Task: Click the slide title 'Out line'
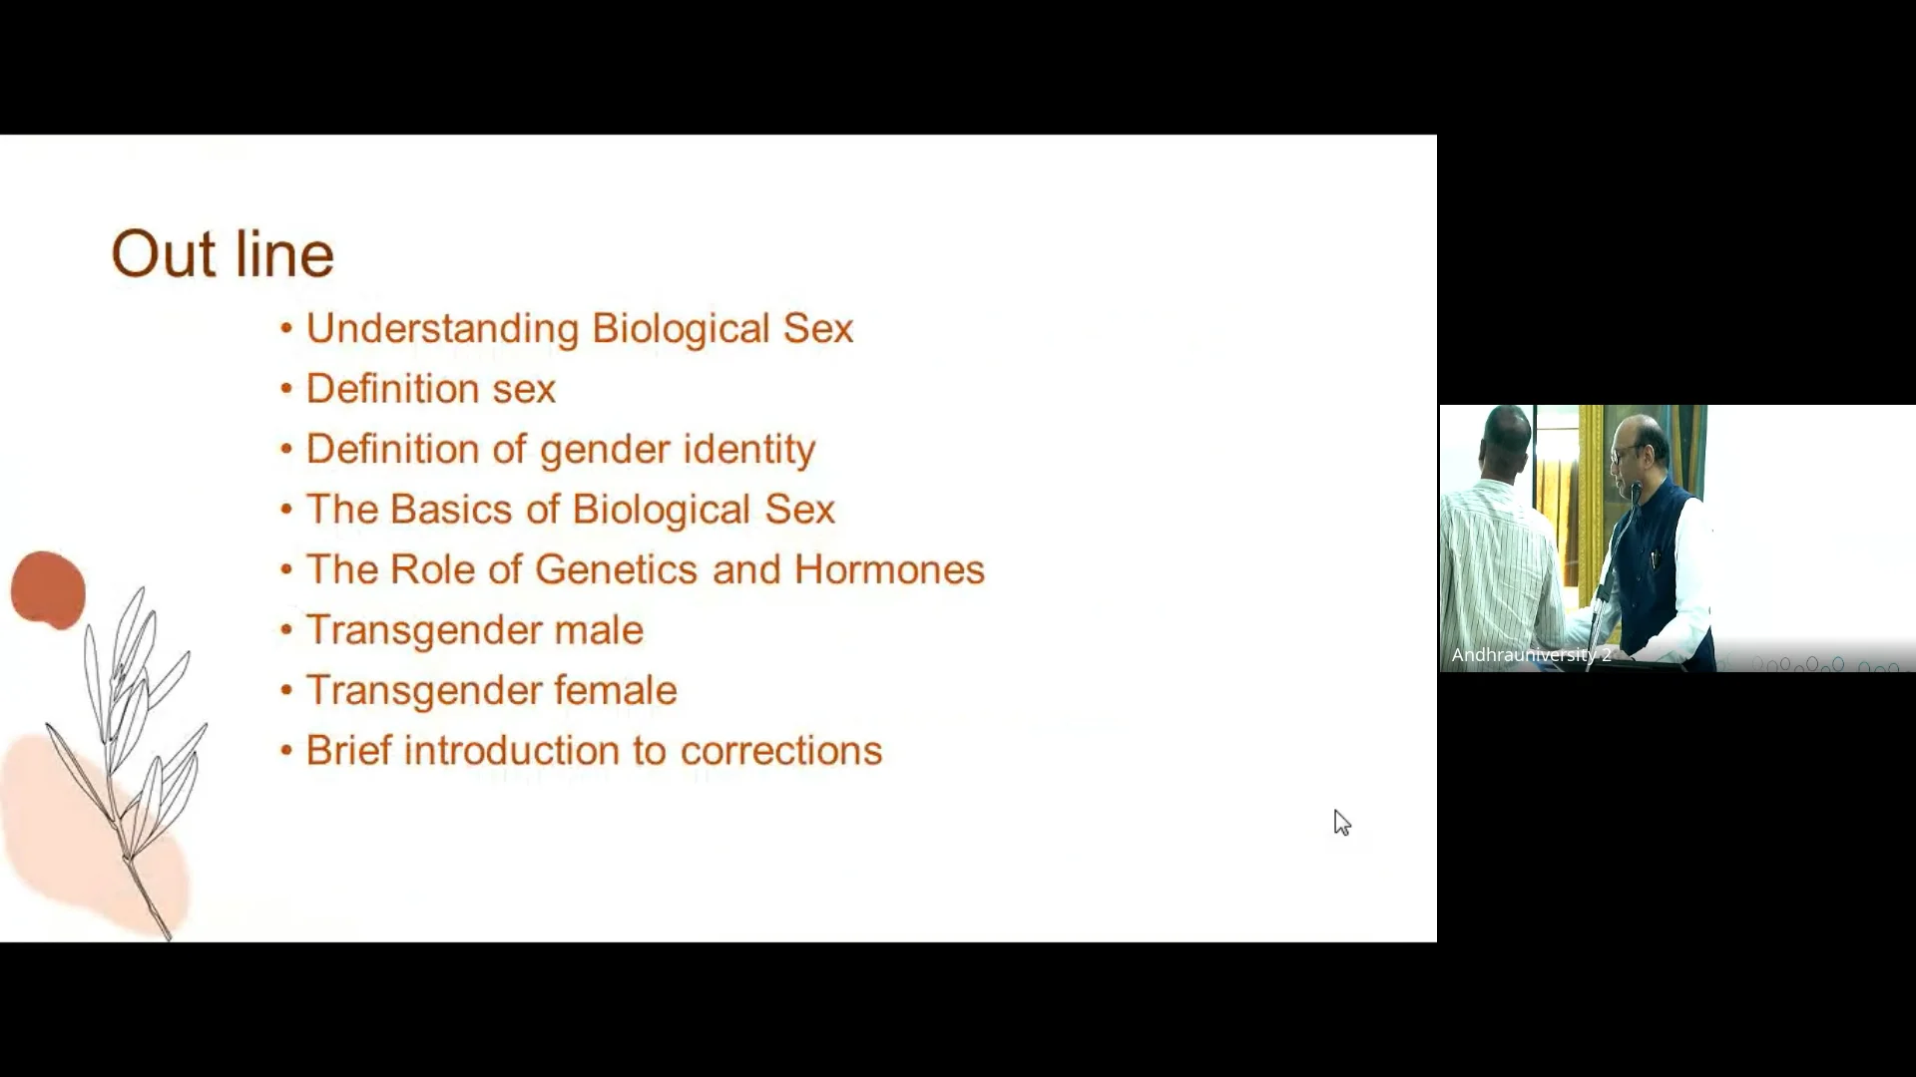[223, 253]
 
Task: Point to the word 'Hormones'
[889, 569]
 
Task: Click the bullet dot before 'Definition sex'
[286, 389]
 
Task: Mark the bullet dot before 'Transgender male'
[286, 630]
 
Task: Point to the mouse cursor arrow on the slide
[1341, 822]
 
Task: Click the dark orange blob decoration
[48, 590]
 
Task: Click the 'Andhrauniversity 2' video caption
[1531, 655]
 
